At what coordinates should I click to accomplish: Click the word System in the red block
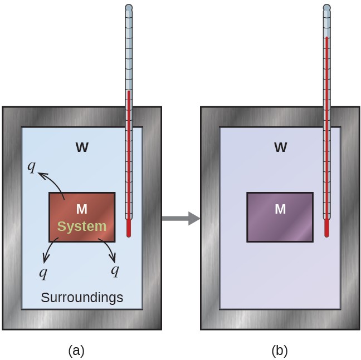(82, 226)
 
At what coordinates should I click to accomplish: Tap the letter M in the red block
(82, 209)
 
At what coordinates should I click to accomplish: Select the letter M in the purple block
(280, 209)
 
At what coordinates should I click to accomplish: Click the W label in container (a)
(82, 147)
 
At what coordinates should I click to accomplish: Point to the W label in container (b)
(280, 147)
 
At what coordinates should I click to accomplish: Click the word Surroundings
(82, 298)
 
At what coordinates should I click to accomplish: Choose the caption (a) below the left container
(76, 351)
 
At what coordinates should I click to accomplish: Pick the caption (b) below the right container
(280, 351)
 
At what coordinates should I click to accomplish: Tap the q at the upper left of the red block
(33, 166)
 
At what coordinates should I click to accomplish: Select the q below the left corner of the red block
(43, 272)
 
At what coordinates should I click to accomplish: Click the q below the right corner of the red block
(115, 270)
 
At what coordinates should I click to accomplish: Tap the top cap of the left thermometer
(129, 8)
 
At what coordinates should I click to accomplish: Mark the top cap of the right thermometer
(327, 8)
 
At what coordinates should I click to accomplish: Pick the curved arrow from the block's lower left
(50, 250)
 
